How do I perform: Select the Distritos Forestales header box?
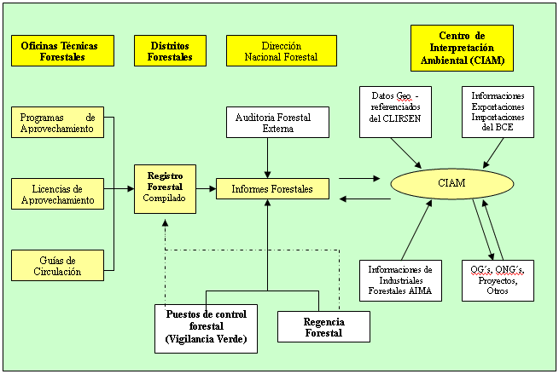point(169,51)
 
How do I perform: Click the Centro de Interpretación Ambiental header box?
point(462,48)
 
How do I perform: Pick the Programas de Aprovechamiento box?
point(57,123)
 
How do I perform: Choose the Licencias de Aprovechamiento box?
point(57,193)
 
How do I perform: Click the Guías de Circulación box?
point(57,265)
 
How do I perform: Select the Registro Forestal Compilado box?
point(165,189)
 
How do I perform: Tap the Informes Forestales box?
point(272,188)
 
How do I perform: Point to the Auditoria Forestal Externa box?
point(277,123)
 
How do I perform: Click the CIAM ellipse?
point(451,183)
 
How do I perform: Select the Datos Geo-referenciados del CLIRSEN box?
point(395,112)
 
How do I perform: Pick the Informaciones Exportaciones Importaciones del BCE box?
point(498,112)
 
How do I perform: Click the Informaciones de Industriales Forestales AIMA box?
point(400,280)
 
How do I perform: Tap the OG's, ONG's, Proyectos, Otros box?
point(498,280)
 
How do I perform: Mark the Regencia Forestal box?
point(323,326)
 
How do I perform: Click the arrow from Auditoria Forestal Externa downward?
point(268,158)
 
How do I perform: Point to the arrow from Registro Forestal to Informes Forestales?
point(206,188)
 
